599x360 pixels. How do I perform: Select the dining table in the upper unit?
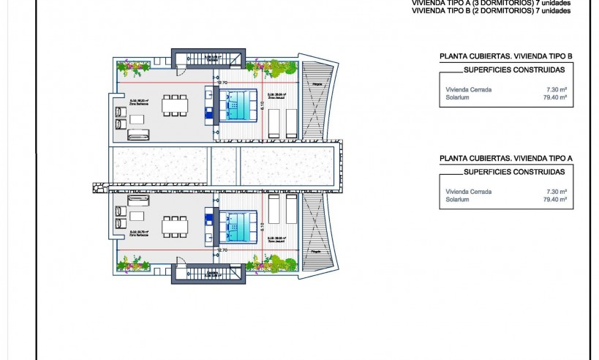(174, 105)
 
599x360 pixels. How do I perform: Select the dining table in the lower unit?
(174, 226)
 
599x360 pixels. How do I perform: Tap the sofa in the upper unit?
(139, 134)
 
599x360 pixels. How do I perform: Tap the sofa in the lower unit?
(139, 198)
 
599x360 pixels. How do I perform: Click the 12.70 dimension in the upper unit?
(223, 83)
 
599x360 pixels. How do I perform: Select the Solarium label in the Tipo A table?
(456, 198)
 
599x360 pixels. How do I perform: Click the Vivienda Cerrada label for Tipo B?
(468, 89)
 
